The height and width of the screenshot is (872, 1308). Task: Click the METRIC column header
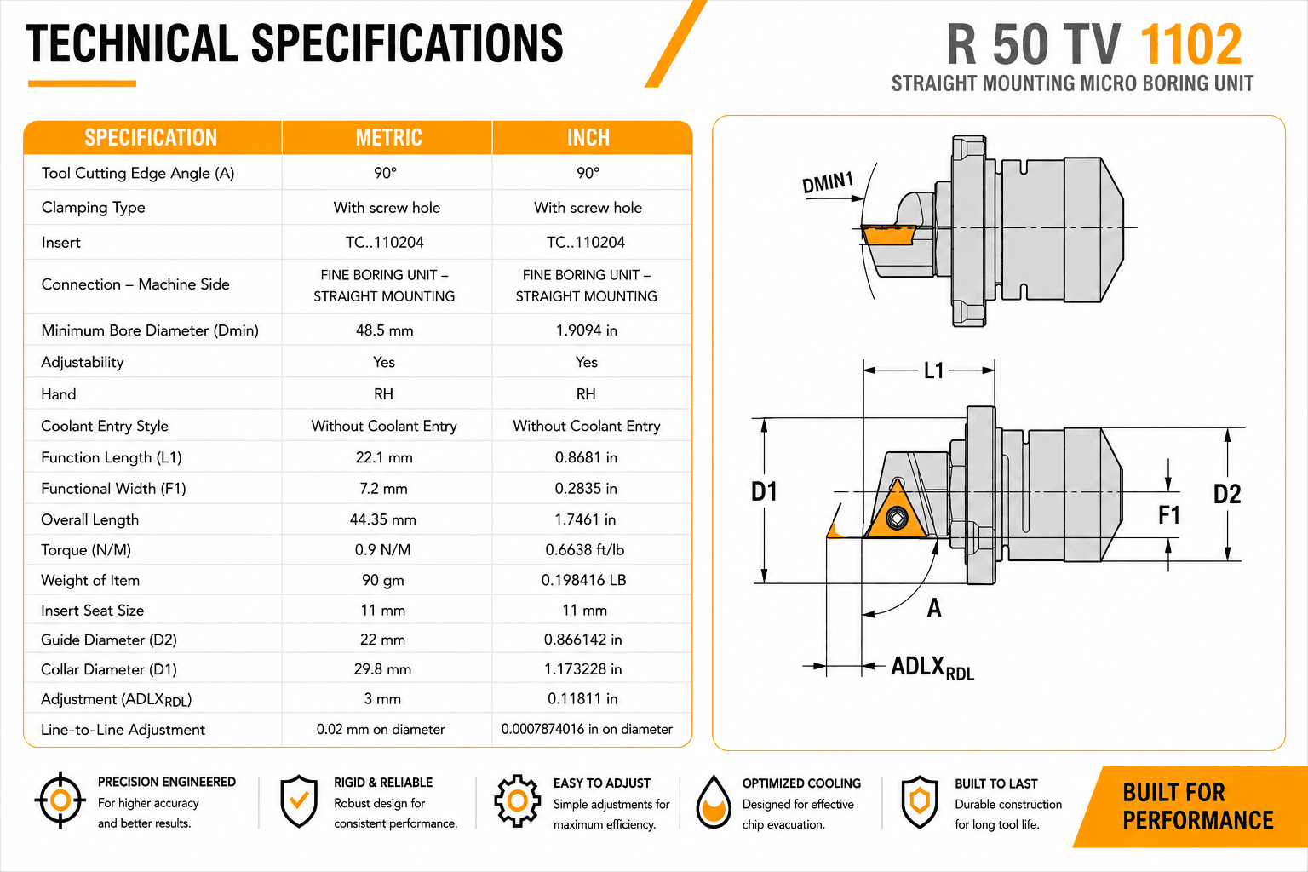389,138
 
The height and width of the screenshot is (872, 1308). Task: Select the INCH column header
588,138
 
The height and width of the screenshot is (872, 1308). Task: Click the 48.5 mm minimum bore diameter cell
385,330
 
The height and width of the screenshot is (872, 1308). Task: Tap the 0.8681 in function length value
586,457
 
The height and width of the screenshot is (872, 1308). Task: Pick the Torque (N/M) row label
86,550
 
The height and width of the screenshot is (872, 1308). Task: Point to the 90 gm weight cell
383,580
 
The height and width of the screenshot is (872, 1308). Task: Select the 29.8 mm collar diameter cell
382,668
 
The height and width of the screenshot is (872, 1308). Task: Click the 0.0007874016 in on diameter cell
587,729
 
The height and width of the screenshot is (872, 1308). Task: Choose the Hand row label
59,394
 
